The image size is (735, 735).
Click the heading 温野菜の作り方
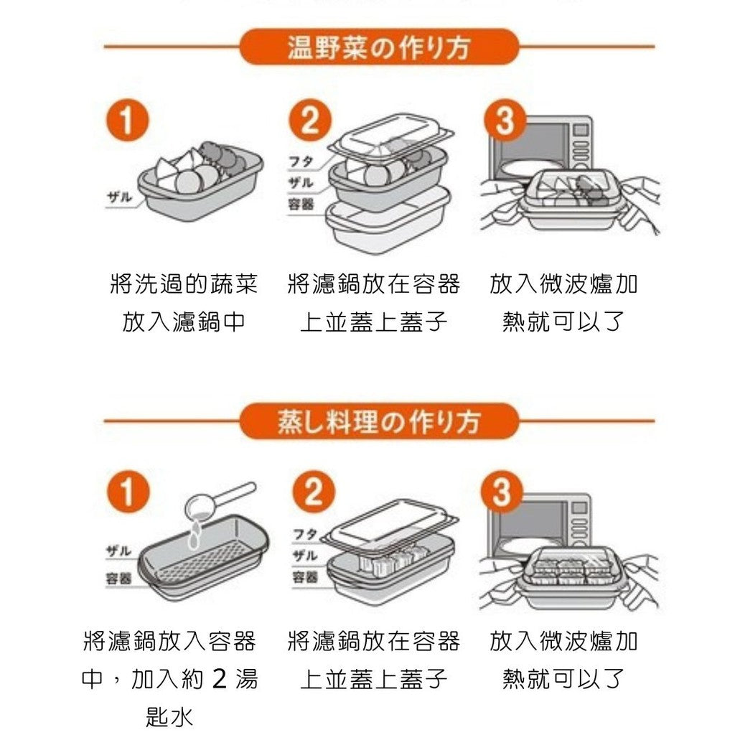point(378,47)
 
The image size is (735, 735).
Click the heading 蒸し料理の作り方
point(378,421)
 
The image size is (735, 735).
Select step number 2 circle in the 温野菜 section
point(309,121)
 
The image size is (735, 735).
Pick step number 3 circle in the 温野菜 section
point(505,121)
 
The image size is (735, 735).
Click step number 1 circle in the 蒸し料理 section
point(125,494)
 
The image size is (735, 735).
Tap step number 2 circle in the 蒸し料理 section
point(314,494)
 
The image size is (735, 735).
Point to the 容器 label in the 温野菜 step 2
point(301,205)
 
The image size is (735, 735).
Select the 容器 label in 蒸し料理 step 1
point(118,579)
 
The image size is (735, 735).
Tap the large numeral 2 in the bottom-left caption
point(220,678)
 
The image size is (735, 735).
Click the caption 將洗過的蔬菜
point(184,284)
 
